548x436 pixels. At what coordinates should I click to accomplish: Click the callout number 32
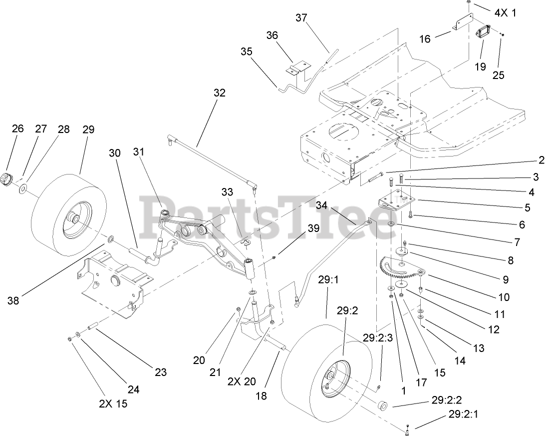[x=219, y=92]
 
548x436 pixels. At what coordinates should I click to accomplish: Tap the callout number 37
[x=301, y=18]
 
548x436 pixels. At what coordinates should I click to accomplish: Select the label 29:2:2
[x=446, y=400]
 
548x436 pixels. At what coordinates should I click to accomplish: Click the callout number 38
[x=13, y=300]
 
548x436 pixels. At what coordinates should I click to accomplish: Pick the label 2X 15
[x=110, y=403]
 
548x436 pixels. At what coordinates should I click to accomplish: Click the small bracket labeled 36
[x=300, y=68]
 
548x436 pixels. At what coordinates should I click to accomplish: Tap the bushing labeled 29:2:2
[x=384, y=404]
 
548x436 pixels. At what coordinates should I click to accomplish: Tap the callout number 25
[x=498, y=75]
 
